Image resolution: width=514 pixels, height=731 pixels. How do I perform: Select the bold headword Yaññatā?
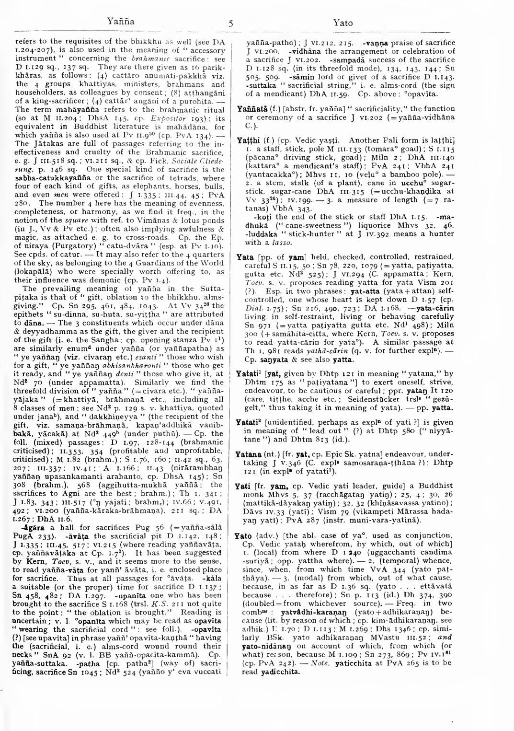[251, 109]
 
